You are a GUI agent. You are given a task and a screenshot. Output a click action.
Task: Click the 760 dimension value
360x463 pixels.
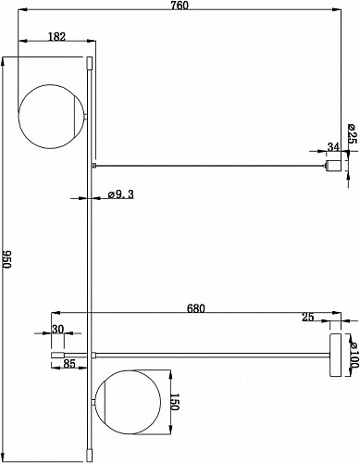coord(180,6)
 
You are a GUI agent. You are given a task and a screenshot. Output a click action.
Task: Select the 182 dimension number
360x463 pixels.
coord(57,37)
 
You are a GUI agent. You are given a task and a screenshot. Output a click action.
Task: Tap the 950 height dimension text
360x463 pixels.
coord(6,259)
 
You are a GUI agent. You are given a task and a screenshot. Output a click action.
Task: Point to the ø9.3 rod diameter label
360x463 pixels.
coord(121,194)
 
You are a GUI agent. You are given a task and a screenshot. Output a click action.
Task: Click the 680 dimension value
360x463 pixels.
coord(196,308)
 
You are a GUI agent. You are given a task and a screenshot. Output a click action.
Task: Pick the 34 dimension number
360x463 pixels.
coord(333,147)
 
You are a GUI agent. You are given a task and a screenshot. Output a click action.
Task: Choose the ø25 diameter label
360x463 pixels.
coord(352,133)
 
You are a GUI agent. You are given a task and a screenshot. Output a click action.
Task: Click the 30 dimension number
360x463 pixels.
coord(57,330)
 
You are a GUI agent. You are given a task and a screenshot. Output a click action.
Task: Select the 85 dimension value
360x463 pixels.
coord(68,364)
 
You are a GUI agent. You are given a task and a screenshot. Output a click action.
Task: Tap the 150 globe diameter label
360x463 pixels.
coord(175,402)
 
